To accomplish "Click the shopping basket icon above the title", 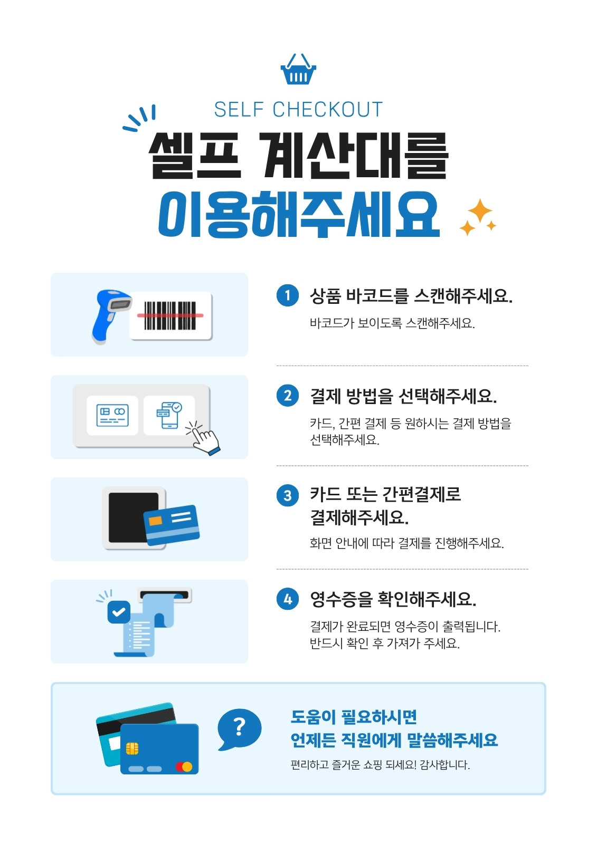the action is (x=298, y=69).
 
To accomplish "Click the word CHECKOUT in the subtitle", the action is (x=327, y=110).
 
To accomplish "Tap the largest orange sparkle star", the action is (x=480, y=210).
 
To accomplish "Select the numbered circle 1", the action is (x=287, y=295).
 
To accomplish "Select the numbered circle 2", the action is (x=287, y=396).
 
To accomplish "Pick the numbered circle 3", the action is (x=287, y=495).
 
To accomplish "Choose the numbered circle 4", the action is (x=287, y=599).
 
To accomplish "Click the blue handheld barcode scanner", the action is (x=111, y=316).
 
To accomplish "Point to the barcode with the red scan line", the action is (x=170, y=315).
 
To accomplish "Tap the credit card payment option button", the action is (x=112, y=415).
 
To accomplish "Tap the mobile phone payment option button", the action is (x=169, y=415).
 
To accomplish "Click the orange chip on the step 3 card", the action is (x=155, y=521).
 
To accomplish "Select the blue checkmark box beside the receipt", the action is (x=119, y=612).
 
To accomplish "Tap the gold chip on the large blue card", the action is (x=132, y=749).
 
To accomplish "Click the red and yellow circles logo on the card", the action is (x=184, y=766).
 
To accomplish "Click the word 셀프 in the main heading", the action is (x=195, y=155).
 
